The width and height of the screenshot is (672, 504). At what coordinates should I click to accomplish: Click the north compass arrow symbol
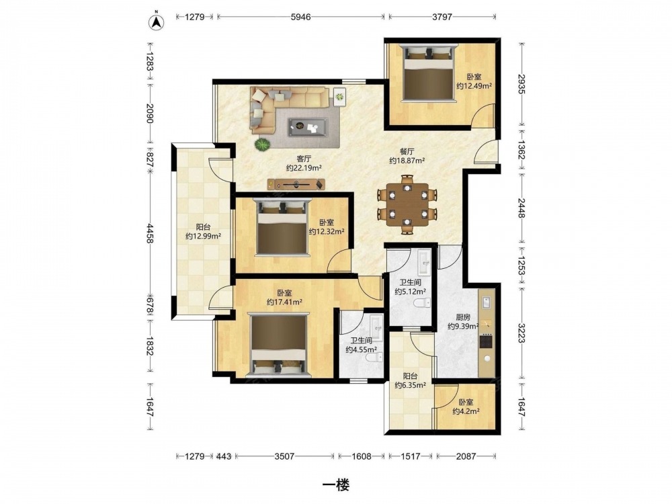coord(157,22)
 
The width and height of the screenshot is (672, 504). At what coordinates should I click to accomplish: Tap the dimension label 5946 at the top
coord(300,17)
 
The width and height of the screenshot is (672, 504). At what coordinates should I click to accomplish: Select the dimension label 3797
coord(442,17)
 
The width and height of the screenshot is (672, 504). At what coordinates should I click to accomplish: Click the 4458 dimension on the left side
coord(150,234)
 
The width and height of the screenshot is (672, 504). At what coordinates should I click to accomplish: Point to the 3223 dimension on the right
coord(521,333)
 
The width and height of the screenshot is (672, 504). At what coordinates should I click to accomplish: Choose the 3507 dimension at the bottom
coord(284,456)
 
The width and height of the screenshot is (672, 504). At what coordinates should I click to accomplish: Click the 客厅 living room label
coord(304,159)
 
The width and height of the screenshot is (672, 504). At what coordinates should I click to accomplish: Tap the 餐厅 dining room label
coord(407,152)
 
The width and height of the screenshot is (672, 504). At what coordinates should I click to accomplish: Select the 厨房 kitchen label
coord(463,318)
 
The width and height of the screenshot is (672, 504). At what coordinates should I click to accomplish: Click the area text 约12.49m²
coord(474,86)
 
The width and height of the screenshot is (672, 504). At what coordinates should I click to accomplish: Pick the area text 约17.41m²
coord(284,302)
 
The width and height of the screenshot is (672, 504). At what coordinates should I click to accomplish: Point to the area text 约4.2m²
coord(466,411)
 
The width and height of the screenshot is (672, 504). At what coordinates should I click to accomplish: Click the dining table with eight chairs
coord(407,204)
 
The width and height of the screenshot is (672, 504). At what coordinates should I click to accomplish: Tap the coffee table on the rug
coord(308,127)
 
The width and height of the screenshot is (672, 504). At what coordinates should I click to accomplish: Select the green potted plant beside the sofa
coord(262,144)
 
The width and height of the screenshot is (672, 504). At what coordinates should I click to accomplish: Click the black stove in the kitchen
coord(487,341)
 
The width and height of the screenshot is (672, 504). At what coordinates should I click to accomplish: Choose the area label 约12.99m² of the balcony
coord(203,236)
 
